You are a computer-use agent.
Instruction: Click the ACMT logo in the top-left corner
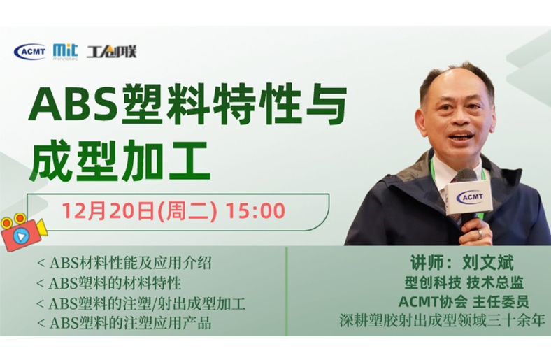(30, 52)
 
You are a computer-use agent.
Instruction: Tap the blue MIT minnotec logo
(65, 52)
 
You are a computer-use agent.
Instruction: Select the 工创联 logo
(111, 52)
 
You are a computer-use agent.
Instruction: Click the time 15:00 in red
(255, 210)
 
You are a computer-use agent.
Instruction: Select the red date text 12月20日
(108, 210)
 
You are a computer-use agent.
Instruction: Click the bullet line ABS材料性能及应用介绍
(124, 263)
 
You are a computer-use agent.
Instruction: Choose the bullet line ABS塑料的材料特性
(109, 283)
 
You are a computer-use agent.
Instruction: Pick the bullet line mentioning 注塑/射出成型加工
(141, 303)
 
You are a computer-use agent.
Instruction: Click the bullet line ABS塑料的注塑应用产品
(124, 323)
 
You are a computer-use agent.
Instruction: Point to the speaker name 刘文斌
(488, 263)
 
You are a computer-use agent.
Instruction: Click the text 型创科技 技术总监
(464, 282)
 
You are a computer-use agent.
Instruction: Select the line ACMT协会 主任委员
(464, 302)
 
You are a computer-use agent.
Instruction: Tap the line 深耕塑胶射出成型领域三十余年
(442, 320)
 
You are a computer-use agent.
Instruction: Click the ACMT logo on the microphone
(469, 197)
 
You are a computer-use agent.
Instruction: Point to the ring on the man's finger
(480, 234)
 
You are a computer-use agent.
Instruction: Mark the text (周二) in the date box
(187, 210)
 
